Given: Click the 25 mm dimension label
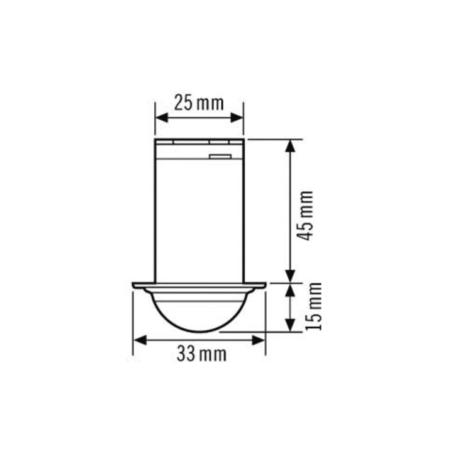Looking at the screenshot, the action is click(x=199, y=103).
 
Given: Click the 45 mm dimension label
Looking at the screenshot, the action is click(x=306, y=216).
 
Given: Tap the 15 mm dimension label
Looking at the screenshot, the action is click(x=314, y=306).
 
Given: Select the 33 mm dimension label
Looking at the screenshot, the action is click(x=202, y=354).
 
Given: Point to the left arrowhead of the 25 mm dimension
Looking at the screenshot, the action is click(x=162, y=118).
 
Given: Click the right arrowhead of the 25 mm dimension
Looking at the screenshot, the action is click(x=237, y=118).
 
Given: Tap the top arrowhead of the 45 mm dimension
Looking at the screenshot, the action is click(x=290, y=146).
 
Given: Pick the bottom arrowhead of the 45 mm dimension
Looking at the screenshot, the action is click(x=290, y=277).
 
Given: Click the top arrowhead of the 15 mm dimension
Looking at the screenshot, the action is click(x=290, y=290).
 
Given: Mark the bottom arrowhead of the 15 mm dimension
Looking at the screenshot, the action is click(x=290, y=325).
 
